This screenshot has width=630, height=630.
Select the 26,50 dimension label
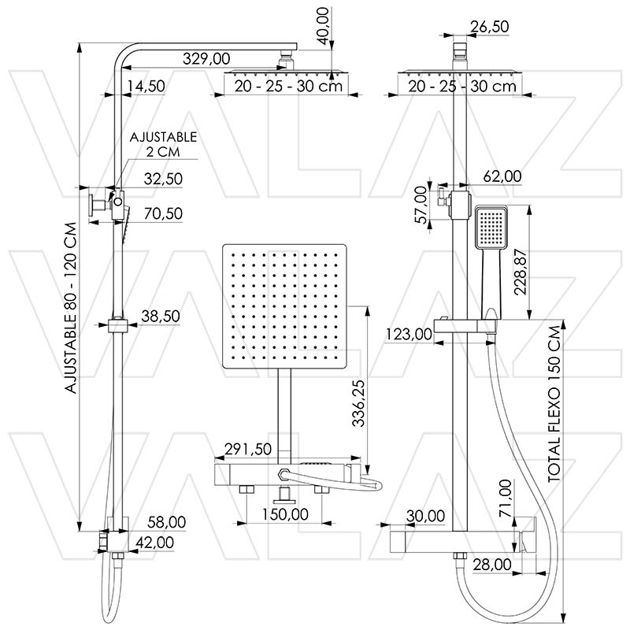(489, 27)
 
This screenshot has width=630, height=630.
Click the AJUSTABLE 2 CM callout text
(163, 143)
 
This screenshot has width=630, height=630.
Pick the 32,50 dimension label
(162, 179)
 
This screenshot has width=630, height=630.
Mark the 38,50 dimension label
(161, 316)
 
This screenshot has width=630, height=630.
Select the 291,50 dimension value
(248, 448)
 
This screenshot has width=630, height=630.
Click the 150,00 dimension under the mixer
(284, 514)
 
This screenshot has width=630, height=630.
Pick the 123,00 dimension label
(409, 334)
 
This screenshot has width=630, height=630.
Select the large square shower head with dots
(286, 307)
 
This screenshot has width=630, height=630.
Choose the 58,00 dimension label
(166, 521)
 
